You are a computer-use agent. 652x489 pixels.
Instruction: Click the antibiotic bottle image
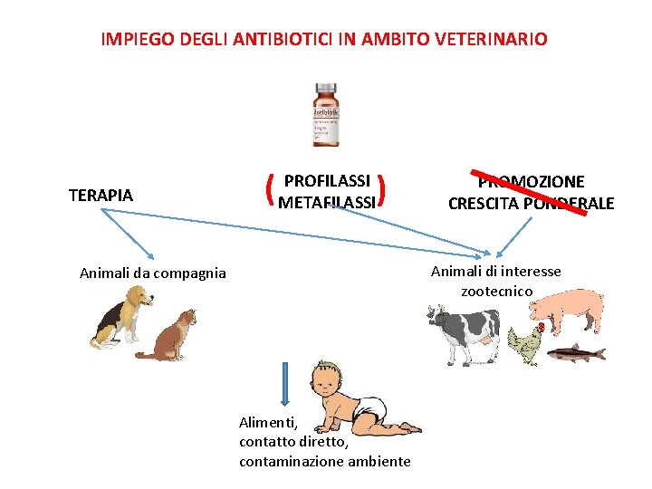pos(325,115)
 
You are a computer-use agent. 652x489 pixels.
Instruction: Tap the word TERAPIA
pos(101,195)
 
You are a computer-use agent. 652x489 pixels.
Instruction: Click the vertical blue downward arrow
pos(285,384)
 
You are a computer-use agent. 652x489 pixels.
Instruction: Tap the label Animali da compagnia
pos(153,273)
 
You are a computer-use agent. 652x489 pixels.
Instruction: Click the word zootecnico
pos(496,292)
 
